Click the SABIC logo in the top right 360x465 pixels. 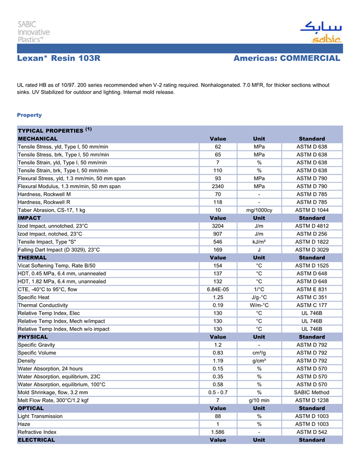point(320,32)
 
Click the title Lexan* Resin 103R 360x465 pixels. point(58,59)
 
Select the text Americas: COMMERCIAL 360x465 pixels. point(286,59)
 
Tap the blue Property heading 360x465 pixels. point(29,115)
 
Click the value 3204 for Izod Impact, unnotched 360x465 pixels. point(218,226)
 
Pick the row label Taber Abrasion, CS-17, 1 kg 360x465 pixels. point(51,210)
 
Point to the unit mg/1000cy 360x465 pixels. point(259,210)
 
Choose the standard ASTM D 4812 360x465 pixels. point(312,226)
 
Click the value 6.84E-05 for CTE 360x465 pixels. point(218,289)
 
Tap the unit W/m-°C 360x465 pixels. point(259,305)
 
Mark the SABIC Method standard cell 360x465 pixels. point(312,393)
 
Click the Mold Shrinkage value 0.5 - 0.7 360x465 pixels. point(218,393)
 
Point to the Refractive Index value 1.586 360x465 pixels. point(218,432)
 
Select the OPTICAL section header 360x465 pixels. point(31,408)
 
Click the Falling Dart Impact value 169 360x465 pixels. point(218,250)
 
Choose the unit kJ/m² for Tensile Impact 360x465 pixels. point(259,242)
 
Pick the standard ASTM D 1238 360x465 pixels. point(312,400)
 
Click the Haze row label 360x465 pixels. point(24,424)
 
